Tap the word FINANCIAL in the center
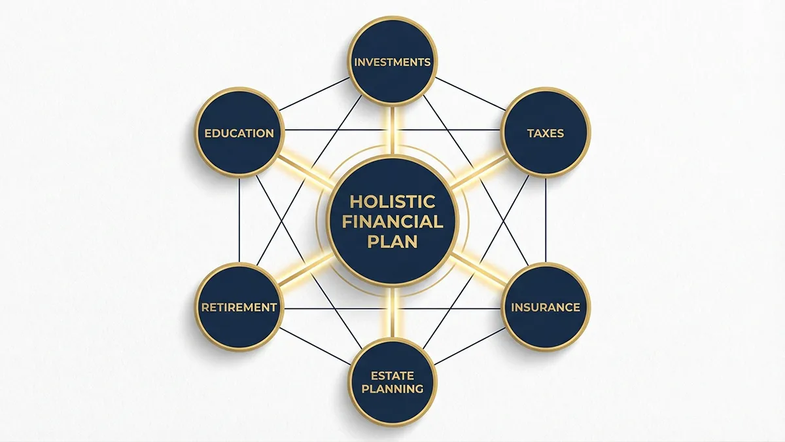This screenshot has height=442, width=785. [x=392, y=221]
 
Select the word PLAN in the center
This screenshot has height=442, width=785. [x=392, y=241]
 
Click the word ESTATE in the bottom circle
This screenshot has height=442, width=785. [x=392, y=375]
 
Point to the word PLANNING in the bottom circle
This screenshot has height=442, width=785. [x=392, y=389]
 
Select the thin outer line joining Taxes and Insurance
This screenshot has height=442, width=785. [x=546, y=219]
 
